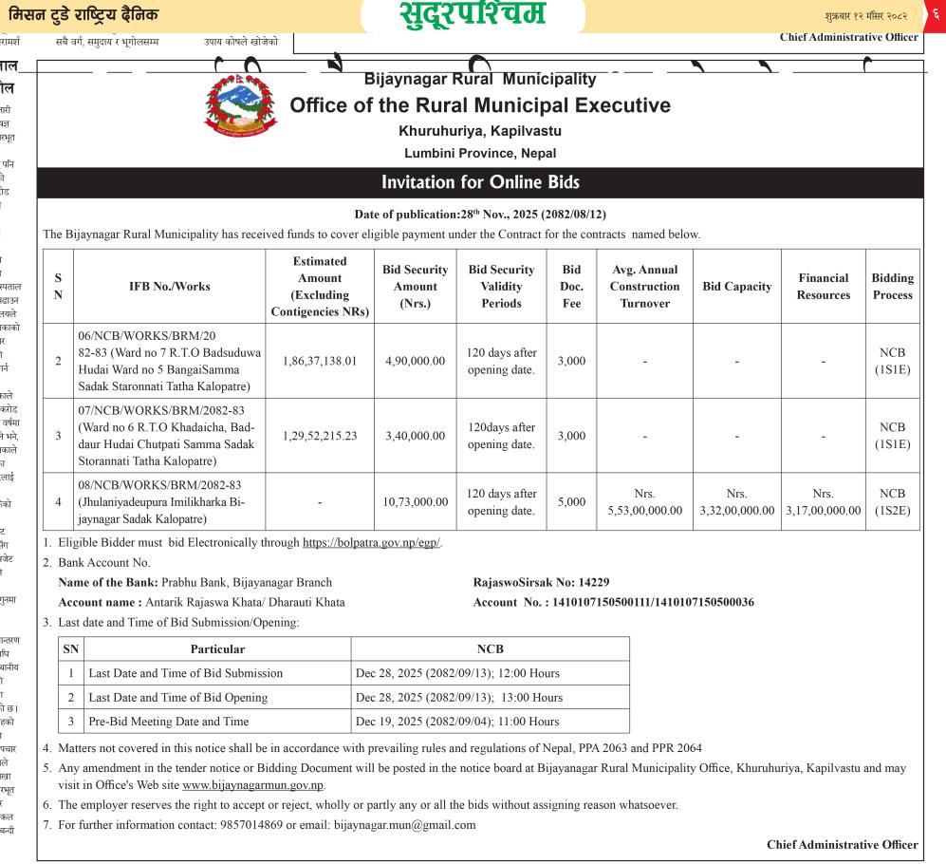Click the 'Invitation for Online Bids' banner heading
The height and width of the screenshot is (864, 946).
pos(479,182)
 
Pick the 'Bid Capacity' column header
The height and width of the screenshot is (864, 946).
pos(736,287)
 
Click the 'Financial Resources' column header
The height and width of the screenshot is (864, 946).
pos(823,287)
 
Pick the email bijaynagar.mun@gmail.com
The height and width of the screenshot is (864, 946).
pos(404,824)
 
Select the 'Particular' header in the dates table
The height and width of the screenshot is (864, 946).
pos(217,649)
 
